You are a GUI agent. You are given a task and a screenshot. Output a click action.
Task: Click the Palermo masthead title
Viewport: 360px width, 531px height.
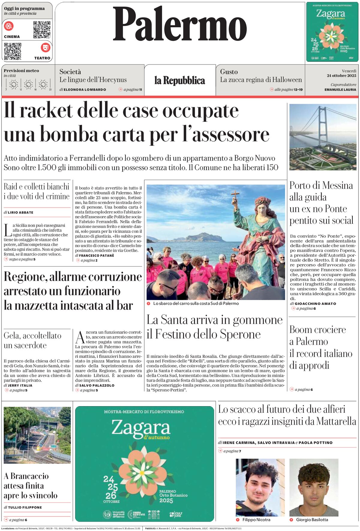click(180, 24)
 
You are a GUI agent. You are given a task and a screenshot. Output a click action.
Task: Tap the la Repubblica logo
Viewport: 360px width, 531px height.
click(180, 80)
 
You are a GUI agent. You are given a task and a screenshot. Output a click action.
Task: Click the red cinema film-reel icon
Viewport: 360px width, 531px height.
click(9, 26)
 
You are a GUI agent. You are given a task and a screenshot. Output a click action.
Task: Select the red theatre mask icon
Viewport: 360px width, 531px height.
click(45, 47)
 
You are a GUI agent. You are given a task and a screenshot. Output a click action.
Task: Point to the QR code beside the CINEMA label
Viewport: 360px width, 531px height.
click(42, 29)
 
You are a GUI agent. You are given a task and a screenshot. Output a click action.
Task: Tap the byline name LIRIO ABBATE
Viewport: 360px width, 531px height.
click(20, 212)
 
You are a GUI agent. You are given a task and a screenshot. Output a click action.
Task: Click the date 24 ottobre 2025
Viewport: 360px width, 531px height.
click(341, 76)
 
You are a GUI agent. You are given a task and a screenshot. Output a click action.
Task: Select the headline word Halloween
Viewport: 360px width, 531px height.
click(287, 80)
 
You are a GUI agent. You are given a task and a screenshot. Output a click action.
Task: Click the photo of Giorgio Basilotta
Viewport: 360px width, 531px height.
click(314, 487)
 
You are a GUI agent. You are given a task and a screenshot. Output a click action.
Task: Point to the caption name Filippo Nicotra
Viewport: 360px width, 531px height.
click(256, 520)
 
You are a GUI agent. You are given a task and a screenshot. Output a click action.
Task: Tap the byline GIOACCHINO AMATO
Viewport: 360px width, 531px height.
click(315, 304)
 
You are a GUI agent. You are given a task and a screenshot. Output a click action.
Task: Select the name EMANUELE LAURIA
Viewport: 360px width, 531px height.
click(340, 89)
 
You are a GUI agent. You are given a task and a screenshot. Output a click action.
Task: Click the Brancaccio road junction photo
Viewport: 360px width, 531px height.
click(37, 435)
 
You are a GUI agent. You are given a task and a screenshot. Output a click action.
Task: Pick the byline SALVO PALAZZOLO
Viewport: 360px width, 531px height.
click(97, 385)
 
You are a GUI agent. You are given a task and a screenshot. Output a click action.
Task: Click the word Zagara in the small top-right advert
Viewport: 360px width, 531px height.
click(331, 13)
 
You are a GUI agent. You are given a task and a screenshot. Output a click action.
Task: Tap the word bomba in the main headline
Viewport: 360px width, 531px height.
click(69, 134)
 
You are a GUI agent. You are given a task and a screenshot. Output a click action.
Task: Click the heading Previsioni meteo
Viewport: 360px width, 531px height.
click(21, 71)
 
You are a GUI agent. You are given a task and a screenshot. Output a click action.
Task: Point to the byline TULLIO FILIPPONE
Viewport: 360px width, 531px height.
click(25, 507)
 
